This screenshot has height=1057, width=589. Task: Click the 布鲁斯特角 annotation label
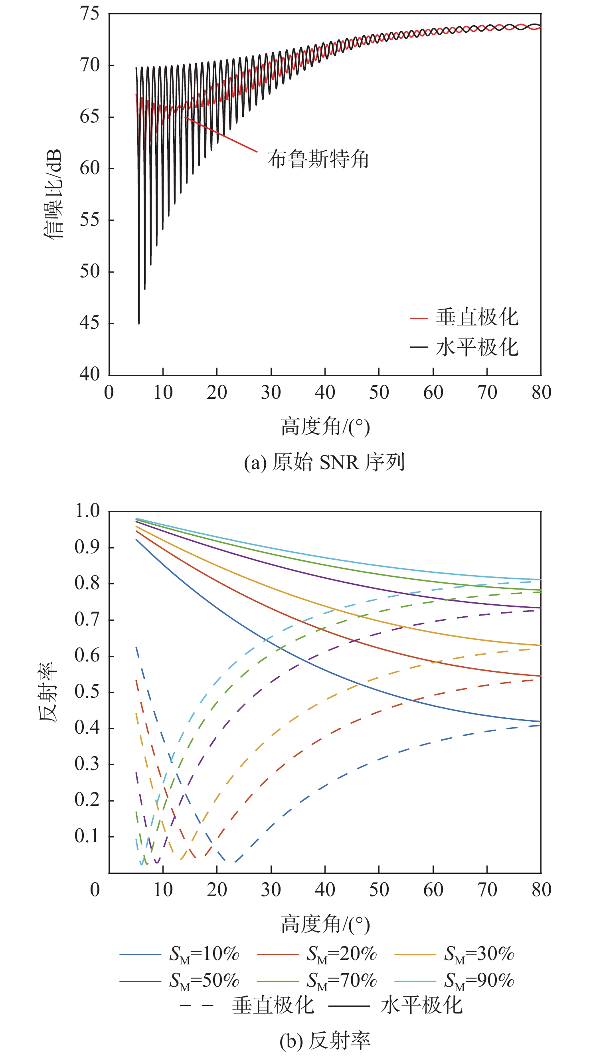point(318,159)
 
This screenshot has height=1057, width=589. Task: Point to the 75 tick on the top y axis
point(90,14)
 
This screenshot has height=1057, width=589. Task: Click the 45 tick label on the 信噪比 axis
point(90,323)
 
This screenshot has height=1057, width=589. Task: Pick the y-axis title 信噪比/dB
point(53,194)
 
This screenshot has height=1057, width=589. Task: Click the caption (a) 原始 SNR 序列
point(324,462)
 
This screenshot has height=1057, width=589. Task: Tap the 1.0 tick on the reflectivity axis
point(87,511)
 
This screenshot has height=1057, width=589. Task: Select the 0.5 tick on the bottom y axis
point(87,692)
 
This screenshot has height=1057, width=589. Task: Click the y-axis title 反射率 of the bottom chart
point(48,691)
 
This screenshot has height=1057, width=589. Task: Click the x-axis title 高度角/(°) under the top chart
point(325,427)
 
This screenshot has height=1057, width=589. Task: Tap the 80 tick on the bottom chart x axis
point(541,890)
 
